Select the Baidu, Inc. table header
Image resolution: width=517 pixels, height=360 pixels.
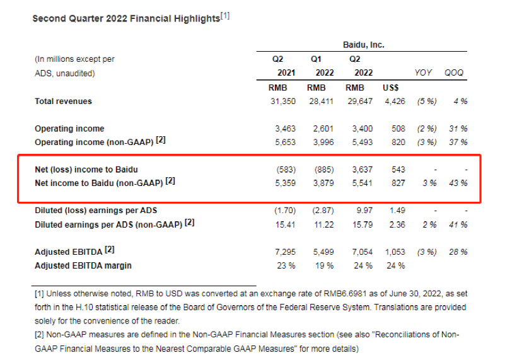pos(363,45)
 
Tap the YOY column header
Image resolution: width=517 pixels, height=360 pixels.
pos(423,73)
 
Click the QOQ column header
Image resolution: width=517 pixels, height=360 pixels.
pos(453,73)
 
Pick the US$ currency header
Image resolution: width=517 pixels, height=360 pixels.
pos(390,88)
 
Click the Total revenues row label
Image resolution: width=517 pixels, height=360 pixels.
pos(63,102)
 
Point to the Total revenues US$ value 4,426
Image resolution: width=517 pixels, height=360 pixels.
pos(394,102)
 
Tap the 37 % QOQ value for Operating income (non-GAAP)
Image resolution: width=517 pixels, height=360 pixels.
pos(458,142)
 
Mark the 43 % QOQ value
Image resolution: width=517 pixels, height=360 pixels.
pos(458,183)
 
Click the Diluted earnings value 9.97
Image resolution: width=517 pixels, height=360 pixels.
pos(363,211)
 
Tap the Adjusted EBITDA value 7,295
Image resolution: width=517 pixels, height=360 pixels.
pos(286,252)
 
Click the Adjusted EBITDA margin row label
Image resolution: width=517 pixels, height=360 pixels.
pos(83,265)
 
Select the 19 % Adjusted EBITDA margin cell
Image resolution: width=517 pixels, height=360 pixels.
pos(324,265)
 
